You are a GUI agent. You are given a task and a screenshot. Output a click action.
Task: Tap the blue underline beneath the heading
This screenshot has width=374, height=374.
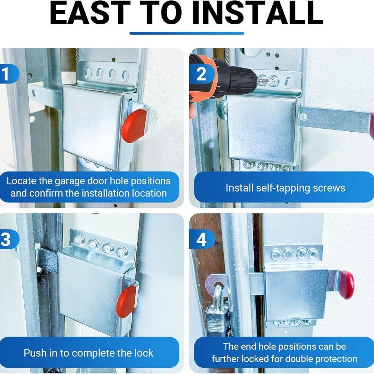coord(187,33)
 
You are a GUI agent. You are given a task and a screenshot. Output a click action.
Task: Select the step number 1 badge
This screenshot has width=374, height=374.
coord(6,74)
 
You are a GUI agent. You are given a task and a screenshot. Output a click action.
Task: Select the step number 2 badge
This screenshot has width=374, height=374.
coord(201,74)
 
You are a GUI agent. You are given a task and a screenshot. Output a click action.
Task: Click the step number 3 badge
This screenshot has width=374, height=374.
coord(6,240)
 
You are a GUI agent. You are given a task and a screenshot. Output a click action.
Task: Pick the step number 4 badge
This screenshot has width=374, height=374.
coord(201,240)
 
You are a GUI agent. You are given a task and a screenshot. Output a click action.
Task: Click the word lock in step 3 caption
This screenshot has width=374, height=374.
coord(144,353)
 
